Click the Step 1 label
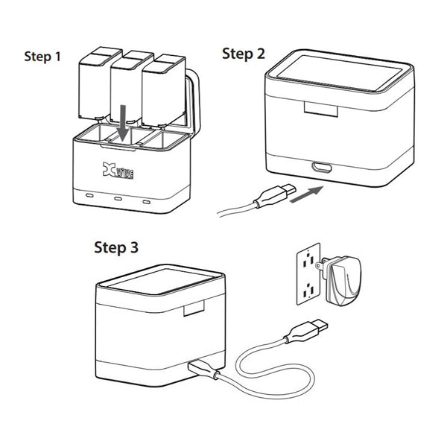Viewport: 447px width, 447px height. click(43, 57)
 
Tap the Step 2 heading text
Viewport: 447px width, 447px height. click(244, 54)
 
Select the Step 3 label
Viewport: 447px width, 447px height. click(115, 247)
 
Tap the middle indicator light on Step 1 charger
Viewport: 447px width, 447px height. click(118, 199)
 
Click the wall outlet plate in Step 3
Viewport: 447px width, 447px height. click(306, 272)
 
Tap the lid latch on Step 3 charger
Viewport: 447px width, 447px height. click(196, 310)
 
